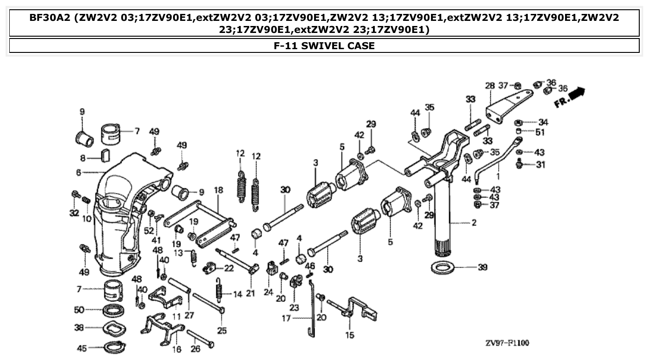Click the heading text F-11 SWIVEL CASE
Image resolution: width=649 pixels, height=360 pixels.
[324, 46]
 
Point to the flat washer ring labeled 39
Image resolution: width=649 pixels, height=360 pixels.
[443, 268]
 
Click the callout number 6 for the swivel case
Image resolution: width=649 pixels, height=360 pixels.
[79, 173]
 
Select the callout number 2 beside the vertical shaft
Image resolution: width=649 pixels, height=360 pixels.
[474, 223]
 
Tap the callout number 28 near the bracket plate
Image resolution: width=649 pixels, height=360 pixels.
[490, 86]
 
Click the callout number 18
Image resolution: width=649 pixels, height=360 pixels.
[218, 190]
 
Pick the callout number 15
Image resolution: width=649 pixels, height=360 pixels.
[350, 335]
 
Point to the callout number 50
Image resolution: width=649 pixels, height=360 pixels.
[79, 309]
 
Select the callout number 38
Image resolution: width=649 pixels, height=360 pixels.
[79, 328]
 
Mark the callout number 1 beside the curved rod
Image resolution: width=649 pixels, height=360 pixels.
[498, 176]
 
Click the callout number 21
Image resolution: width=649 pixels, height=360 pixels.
[251, 293]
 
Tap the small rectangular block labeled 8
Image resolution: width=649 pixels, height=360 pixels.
[104, 154]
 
